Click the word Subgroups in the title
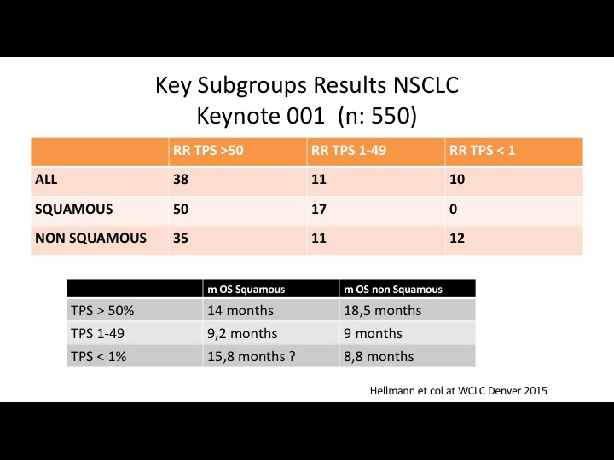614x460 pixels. click(x=252, y=86)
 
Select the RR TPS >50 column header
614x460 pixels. click(x=208, y=151)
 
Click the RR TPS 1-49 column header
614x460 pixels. click(x=349, y=151)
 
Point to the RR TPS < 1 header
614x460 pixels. click(x=482, y=151)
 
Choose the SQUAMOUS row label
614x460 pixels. click(x=73, y=210)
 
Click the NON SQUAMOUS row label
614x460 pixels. click(x=91, y=239)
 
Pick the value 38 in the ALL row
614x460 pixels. click(x=181, y=180)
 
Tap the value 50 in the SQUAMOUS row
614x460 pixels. click(x=181, y=210)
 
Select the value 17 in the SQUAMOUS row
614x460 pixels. click(x=319, y=210)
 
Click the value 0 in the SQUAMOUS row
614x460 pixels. click(x=453, y=210)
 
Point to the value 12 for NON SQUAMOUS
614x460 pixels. click(x=457, y=239)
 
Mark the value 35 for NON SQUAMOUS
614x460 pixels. click(x=181, y=239)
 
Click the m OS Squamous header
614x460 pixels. click(x=246, y=290)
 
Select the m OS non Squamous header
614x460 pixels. click(x=393, y=290)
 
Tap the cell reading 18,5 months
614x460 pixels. click(x=383, y=311)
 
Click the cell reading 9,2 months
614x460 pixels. click(x=242, y=334)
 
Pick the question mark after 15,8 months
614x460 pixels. click(x=293, y=356)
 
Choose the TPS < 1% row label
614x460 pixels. click(x=99, y=356)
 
